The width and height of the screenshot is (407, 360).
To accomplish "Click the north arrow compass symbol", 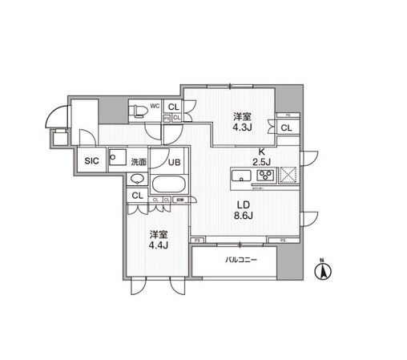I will [323, 270].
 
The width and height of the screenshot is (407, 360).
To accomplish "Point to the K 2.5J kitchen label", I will [260, 157].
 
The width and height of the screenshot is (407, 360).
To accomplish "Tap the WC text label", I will [156, 104].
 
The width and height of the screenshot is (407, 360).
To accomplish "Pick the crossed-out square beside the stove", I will [288, 175].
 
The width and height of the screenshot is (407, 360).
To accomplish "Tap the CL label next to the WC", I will [173, 105].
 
